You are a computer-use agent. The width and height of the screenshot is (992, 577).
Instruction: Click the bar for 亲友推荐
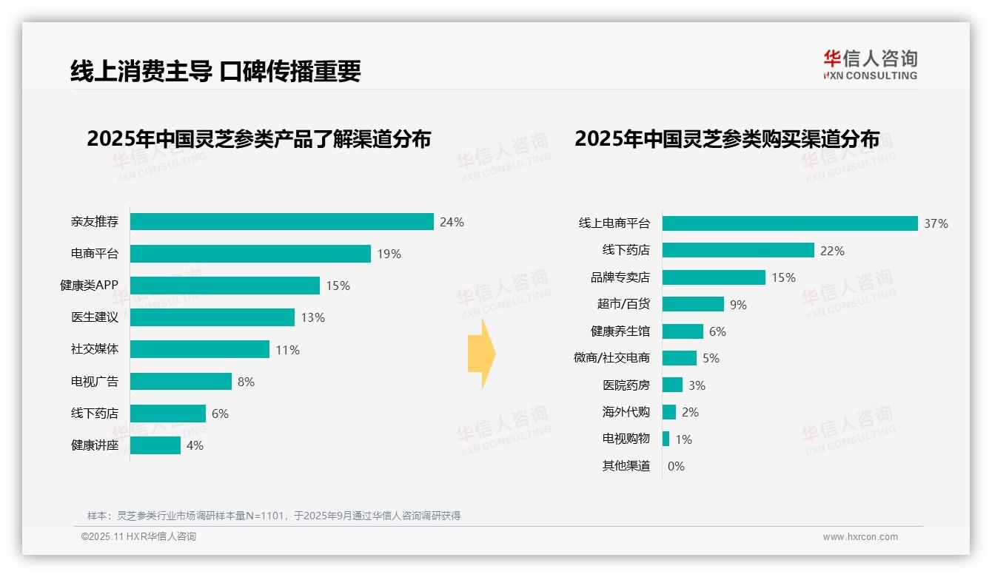pyautogui.click(x=281, y=222)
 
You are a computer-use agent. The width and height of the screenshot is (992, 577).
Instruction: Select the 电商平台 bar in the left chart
pyautogui.click(x=250, y=254)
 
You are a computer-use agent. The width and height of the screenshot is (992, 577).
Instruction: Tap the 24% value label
pyautogui.click(x=452, y=222)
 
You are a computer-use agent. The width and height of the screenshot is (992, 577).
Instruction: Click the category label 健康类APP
pyautogui.click(x=89, y=286)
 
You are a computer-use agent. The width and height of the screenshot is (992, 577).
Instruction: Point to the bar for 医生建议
pyautogui.click(x=212, y=317)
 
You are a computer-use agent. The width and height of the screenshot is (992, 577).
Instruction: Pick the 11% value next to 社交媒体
pyautogui.click(x=287, y=350)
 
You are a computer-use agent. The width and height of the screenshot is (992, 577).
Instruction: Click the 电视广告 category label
pyautogui.click(x=94, y=382)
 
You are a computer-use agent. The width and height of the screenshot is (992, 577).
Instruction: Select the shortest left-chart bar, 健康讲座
pyautogui.click(x=155, y=445)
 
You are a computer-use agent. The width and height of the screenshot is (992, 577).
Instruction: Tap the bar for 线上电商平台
pyautogui.click(x=790, y=223)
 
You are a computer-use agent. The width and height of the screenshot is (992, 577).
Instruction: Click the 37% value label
pyautogui.click(x=936, y=223)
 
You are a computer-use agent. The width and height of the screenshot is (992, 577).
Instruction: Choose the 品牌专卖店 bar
pyautogui.click(x=714, y=277)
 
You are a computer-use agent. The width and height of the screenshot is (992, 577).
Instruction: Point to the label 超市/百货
pyautogui.click(x=623, y=304)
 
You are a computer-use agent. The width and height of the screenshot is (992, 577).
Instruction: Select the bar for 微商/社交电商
pyautogui.click(x=680, y=358)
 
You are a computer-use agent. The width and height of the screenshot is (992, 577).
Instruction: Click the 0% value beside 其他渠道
pyautogui.click(x=676, y=466)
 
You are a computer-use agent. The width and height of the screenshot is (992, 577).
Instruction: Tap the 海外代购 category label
pyautogui.click(x=626, y=412)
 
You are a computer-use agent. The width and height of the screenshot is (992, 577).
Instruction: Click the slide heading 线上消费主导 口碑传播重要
pyautogui.click(x=215, y=71)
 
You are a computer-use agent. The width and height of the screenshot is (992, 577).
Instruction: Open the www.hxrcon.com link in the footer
pyautogui.click(x=859, y=537)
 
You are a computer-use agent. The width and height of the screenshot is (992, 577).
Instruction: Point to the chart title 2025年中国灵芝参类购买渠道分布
pyautogui.click(x=727, y=139)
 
